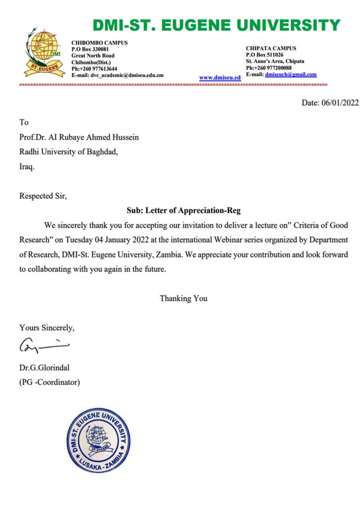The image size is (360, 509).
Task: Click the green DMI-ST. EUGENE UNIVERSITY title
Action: pyautogui.click(x=216, y=25)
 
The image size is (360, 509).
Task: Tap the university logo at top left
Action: pyautogui.click(x=45, y=52)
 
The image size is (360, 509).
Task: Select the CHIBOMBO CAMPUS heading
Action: pyautogui.click(x=99, y=43)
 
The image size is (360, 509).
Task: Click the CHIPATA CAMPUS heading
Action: pyautogui.click(x=271, y=48)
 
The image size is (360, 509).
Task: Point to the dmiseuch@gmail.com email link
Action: pyautogui.click(x=291, y=75)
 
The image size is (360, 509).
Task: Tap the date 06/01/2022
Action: pyautogui.click(x=340, y=103)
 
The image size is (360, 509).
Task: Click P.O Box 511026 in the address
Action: pyautogui.click(x=265, y=55)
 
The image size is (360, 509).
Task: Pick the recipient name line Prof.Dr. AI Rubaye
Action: pyautogui.click(x=79, y=137)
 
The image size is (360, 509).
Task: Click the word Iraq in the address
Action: pyautogui.click(x=27, y=167)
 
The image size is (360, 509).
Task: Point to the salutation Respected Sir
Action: pyautogui.click(x=43, y=196)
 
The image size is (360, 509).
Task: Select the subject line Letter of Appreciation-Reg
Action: pyautogui.click(x=183, y=210)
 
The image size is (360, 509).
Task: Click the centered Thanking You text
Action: pyautogui.click(x=183, y=298)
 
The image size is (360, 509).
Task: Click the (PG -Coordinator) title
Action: pyautogui.click(x=50, y=382)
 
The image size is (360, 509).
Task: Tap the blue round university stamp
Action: pyautogui.click(x=99, y=440)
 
